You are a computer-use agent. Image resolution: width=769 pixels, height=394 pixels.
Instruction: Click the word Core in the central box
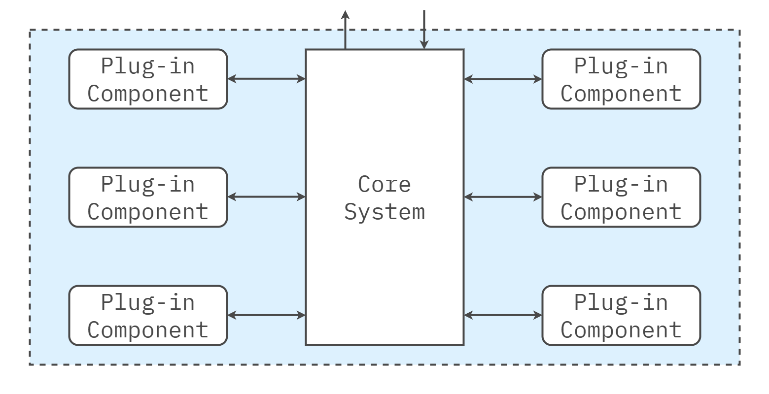point(384,185)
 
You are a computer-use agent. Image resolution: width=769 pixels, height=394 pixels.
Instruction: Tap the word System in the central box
point(384,212)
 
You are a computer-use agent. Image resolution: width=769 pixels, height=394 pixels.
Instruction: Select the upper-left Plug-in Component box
point(148,79)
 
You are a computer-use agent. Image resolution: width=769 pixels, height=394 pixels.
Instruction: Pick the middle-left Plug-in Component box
point(148,197)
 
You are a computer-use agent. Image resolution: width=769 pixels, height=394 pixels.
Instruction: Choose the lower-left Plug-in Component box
point(148,315)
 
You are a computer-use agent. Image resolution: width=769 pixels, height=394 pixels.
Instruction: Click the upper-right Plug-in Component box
point(621,79)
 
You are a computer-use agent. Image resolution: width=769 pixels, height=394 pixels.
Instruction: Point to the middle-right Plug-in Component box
point(621,197)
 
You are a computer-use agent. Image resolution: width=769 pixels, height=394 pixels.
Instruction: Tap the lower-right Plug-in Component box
point(621,315)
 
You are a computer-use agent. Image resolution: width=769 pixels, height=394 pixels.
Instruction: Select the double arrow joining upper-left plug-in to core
point(266,78)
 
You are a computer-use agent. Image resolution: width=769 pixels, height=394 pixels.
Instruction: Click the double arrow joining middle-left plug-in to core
point(266,197)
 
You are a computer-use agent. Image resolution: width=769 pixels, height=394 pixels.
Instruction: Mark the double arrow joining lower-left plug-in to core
point(266,315)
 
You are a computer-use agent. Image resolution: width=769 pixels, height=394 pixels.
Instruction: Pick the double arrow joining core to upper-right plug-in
point(503,79)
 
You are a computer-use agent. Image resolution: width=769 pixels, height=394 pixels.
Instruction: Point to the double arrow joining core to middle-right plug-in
point(503,197)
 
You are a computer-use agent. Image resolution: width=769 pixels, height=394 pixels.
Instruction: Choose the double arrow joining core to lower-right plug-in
point(503,315)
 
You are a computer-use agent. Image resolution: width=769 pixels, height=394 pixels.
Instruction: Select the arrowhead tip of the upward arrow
point(345,12)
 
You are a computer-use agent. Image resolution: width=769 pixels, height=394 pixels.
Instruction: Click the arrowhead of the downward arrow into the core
point(424,46)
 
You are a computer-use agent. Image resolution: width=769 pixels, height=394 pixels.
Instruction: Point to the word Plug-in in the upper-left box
point(148,66)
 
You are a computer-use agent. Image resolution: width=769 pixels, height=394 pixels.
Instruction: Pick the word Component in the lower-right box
point(621,329)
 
